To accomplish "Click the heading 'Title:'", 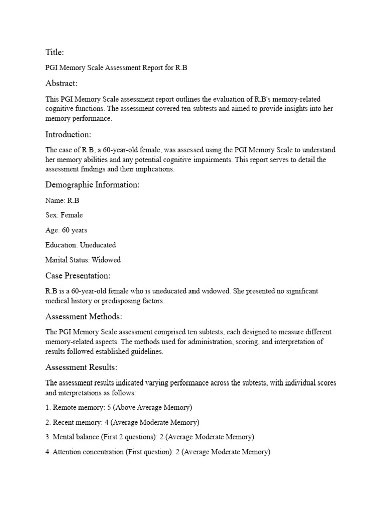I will tap(55, 52).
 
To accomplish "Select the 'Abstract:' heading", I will tap(62, 83).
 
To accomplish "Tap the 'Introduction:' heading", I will tap(68, 134).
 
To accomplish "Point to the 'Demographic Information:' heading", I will tap(92, 185).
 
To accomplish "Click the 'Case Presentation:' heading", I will tap(78, 276).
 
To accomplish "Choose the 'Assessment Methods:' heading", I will tap(84, 317).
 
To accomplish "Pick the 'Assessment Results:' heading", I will tap(81, 367).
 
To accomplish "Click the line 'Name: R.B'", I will tap(62, 200).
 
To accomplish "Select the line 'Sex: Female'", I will tap(64, 215).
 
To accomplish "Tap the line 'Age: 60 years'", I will tap(66, 230).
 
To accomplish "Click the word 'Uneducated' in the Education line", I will tap(98, 245).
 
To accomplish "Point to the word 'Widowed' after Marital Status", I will tap(106, 260).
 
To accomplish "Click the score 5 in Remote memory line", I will tap(109, 407).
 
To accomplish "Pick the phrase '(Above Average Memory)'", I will tap(153, 407).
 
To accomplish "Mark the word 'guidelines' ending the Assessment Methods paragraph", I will tap(145, 352).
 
